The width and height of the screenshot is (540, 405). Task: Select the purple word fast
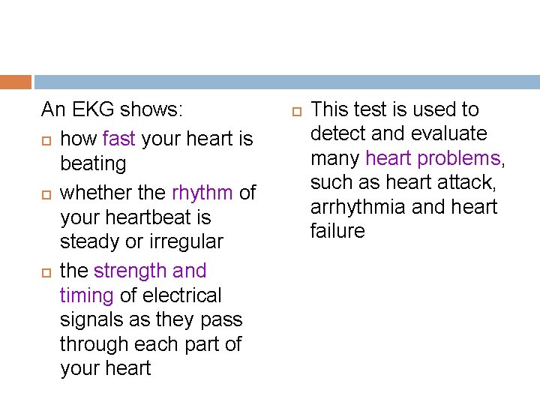(x=119, y=139)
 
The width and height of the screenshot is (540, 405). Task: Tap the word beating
(x=93, y=163)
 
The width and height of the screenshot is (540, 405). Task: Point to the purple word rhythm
(x=202, y=193)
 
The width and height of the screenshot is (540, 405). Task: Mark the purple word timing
(x=87, y=295)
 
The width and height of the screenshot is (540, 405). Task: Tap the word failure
(x=337, y=231)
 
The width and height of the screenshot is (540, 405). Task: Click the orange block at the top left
(x=15, y=82)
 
